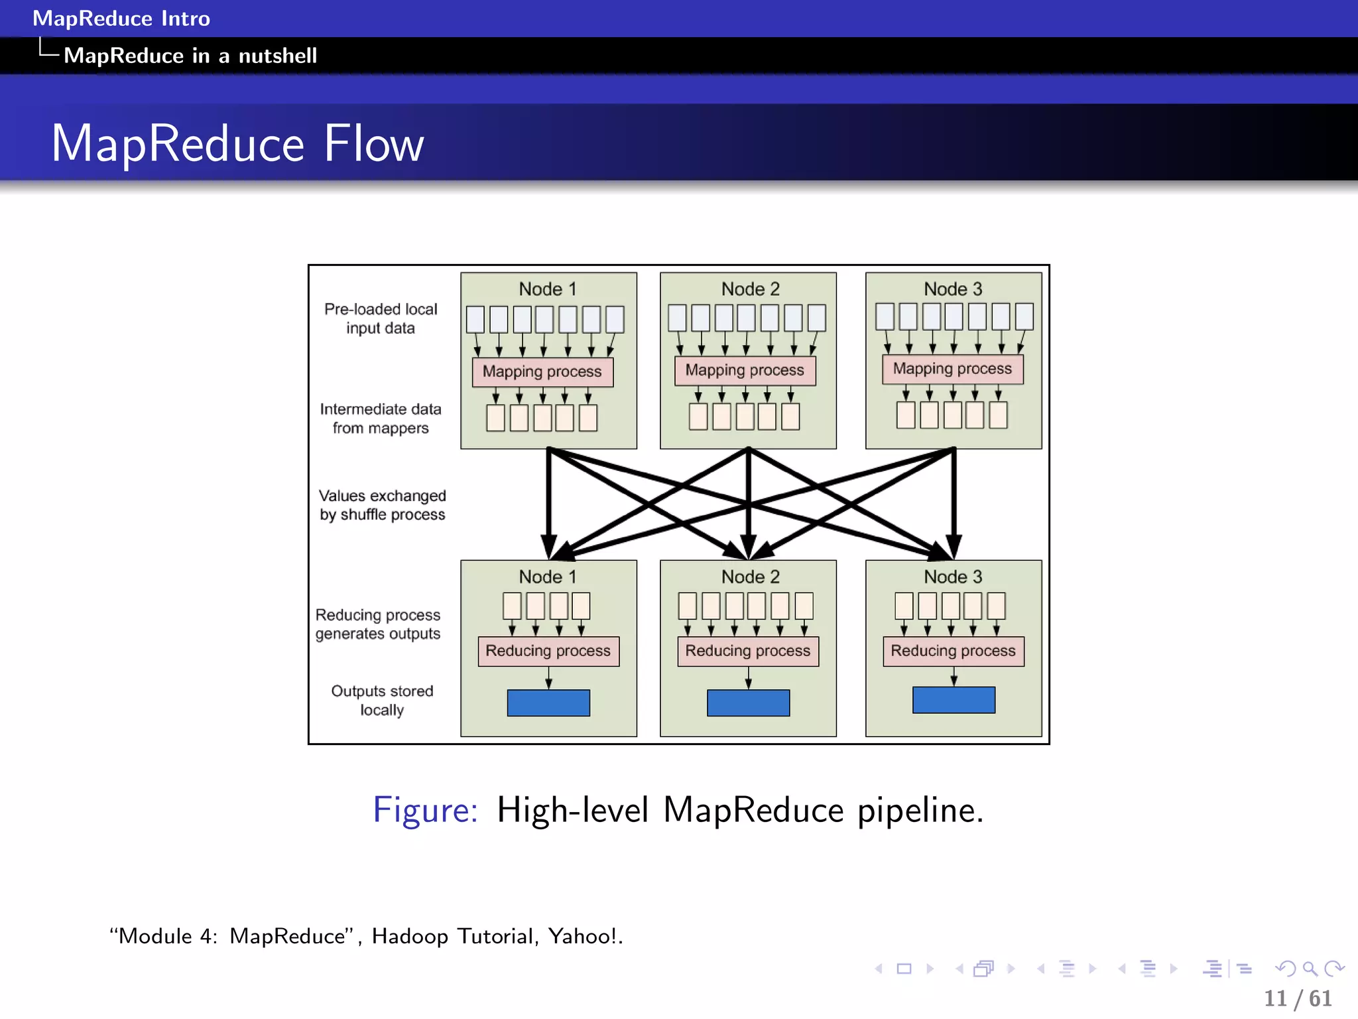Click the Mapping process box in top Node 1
click(542, 372)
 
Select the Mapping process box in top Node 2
click(745, 370)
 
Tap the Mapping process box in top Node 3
click(952, 369)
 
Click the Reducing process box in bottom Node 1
click(548, 651)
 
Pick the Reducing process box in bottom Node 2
click(748, 651)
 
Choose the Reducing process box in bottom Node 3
click(954, 651)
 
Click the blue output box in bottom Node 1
click(548, 703)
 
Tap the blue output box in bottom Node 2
click(748, 703)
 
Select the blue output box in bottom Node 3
click(954, 700)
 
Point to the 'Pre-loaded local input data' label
click(381, 318)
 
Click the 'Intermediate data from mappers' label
click(381, 419)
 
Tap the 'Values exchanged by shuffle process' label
click(383, 505)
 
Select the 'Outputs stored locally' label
click(382, 700)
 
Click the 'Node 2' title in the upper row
click(750, 289)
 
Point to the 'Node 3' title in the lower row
click(953, 577)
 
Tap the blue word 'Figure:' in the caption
click(425, 810)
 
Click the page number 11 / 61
click(1298, 998)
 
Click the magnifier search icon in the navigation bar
click(1310, 969)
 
